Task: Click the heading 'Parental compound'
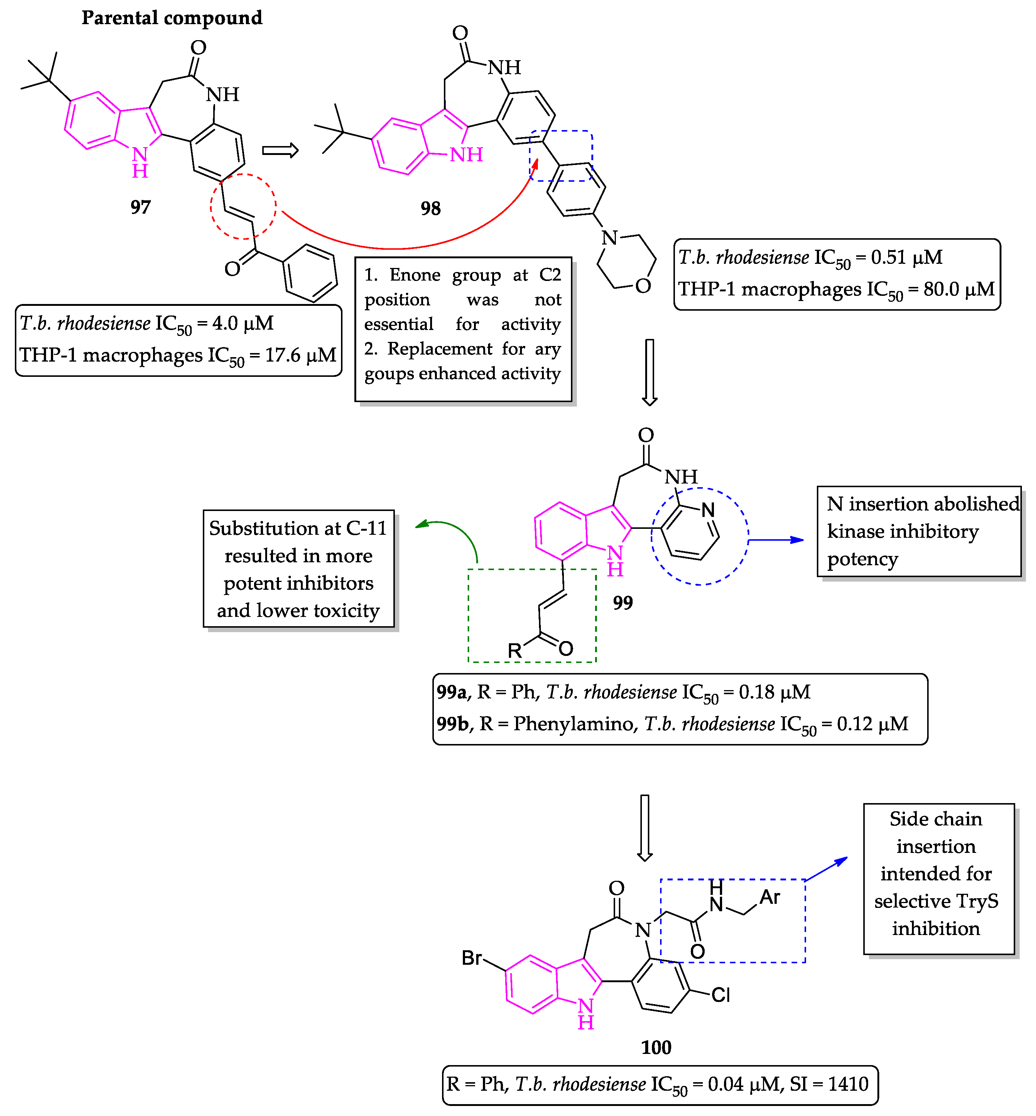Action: tap(172, 18)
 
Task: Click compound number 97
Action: tap(141, 207)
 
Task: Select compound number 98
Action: tap(431, 208)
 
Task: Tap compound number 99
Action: tap(622, 603)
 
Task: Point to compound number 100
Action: tap(656, 1047)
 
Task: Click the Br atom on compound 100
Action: tap(471, 957)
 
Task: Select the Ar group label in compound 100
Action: tap(770, 897)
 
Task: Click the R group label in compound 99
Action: tap(514, 650)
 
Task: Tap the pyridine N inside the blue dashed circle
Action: tap(708, 510)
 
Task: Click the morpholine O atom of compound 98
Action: tap(643, 286)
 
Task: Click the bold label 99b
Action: tap(452, 724)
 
